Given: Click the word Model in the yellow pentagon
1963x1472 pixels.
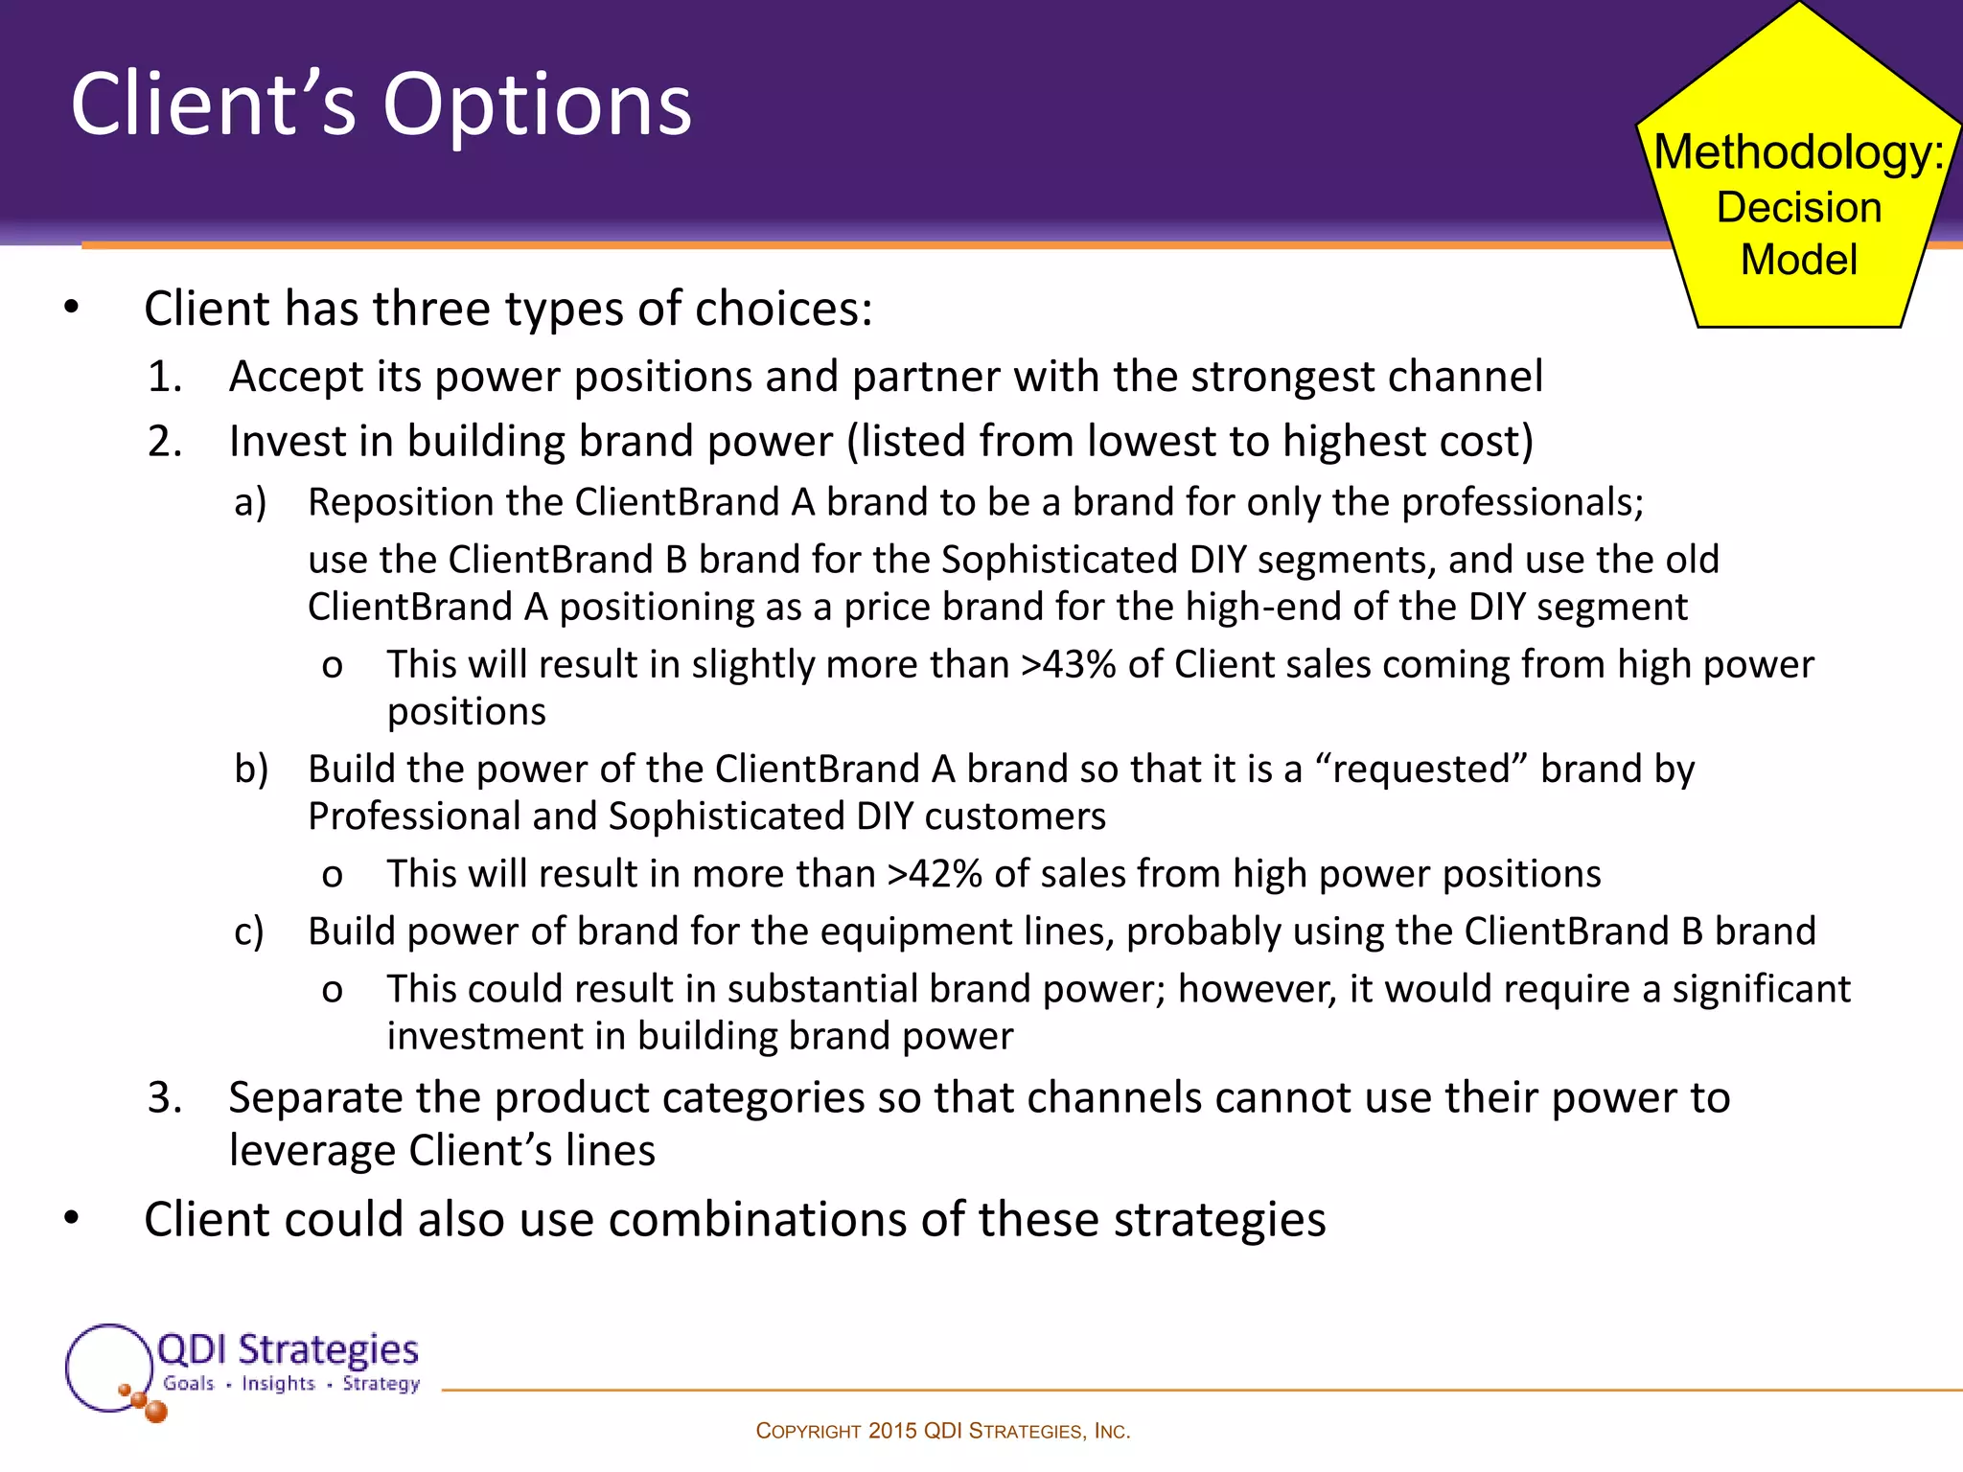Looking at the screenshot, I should tap(1798, 260).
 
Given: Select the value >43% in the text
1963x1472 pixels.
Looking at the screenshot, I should tap(1068, 664).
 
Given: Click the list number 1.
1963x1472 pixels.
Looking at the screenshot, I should tap(165, 377).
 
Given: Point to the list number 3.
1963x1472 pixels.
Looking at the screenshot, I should tap(165, 1097).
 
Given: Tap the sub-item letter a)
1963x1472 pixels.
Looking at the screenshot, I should tap(250, 502).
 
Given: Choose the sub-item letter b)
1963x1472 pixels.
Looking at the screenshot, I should tap(251, 770).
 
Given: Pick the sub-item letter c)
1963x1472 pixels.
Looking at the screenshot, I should tap(249, 931).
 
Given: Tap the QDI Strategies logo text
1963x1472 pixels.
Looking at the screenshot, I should tap(288, 1349).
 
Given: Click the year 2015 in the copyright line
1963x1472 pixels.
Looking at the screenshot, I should tap(892, 1431).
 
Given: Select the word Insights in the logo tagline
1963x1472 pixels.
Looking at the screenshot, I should tap(278, 1383).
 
